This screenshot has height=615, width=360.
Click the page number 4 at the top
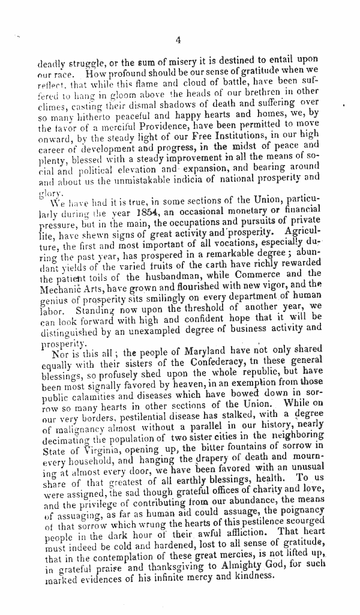coord(179,40)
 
